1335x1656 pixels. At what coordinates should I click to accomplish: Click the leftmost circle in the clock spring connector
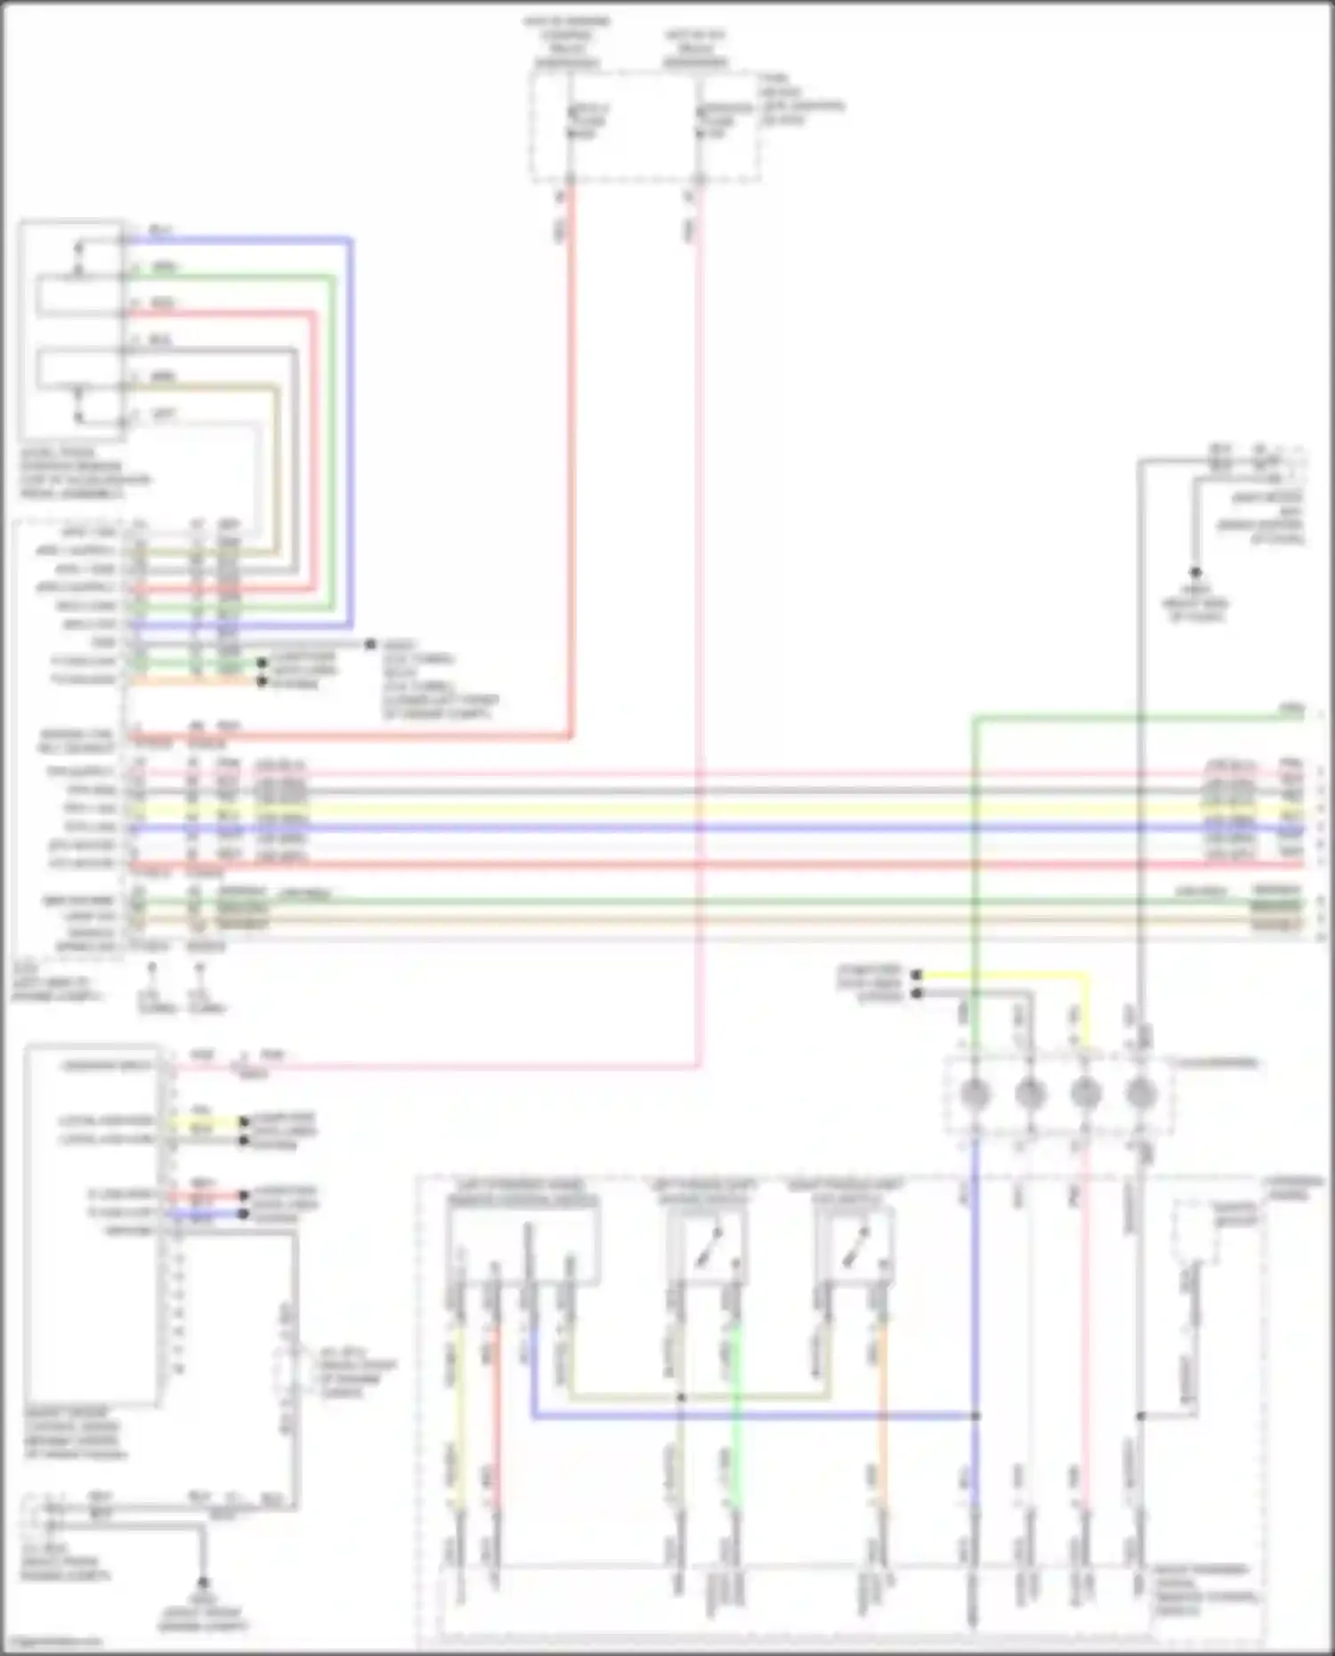coord(975,1094)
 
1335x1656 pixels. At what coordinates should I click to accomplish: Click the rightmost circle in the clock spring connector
coord(1140,1094)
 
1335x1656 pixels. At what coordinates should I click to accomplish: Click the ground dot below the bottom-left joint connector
coord(203,1583)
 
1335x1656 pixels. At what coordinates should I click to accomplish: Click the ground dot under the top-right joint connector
coord(1195,573)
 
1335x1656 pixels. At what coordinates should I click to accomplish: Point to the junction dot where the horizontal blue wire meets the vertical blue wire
coord(975,1415)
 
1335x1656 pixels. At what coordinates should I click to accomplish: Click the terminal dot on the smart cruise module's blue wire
coord(244,1213)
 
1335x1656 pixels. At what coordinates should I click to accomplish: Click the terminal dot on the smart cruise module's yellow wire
coord(244,1121)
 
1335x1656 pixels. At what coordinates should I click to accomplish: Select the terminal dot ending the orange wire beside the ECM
coord(262,682)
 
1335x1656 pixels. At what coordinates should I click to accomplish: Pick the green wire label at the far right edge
coord(1290,708)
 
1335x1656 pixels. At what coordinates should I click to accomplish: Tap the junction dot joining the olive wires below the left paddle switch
coord(681,1397)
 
